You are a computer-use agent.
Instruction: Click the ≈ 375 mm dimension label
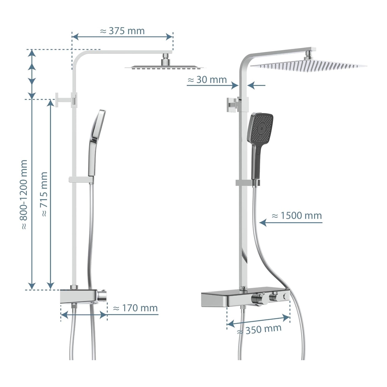click(x=122, y=31)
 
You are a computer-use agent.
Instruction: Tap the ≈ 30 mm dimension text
click(x=207, y=80)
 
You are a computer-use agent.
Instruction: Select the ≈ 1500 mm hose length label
click(x=297, y=216)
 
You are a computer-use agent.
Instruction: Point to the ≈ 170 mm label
click(x=135, y=308)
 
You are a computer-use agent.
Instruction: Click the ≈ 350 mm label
click(x=259, y=329)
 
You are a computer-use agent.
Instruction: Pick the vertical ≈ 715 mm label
click(x=44, y=194)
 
